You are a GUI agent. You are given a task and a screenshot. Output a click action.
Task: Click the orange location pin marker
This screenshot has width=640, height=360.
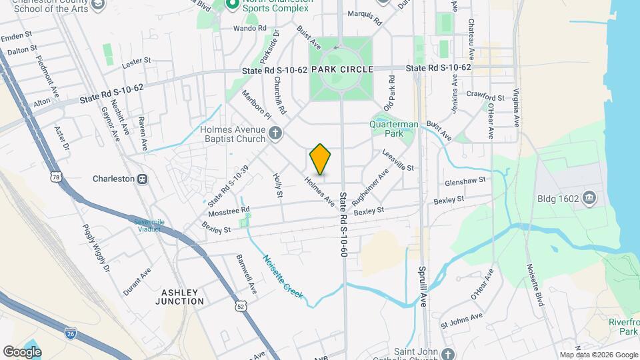[320, 159]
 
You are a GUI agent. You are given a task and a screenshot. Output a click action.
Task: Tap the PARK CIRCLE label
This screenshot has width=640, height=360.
[341, 69]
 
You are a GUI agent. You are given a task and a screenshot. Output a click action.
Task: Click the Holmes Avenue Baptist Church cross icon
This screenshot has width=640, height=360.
[274, 133]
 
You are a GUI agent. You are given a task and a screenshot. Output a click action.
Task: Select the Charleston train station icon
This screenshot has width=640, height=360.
[141, 179]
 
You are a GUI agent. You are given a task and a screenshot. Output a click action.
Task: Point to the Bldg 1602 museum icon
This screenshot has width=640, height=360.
[589, 198]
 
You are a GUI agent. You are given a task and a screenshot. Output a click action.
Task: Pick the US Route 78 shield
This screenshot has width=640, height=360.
[55, 177]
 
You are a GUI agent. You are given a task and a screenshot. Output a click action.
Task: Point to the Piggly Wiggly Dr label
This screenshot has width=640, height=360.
[96, 247]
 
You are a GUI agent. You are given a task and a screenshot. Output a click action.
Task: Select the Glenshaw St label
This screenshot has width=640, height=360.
[465, 181]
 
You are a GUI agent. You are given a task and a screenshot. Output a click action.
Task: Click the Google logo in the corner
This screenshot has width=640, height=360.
[22, 351]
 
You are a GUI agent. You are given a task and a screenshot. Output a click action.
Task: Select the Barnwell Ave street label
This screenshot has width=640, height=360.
[246, 274]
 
